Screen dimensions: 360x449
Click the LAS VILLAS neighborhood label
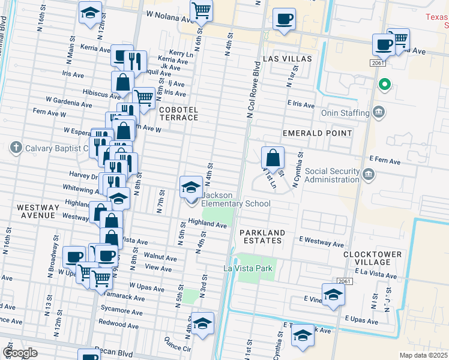[288, 59]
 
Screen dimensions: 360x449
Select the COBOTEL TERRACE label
[178, 113]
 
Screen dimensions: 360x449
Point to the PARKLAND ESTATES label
[261, 236]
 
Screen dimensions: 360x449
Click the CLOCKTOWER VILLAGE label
[372, 258]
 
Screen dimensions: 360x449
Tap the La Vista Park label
[249, 268]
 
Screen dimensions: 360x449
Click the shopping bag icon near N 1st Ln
[273, 158]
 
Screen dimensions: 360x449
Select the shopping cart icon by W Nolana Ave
[201, 10]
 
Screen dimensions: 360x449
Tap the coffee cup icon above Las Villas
[283, 19]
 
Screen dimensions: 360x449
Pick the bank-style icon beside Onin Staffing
[379, 112]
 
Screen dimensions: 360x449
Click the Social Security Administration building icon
[368, 175]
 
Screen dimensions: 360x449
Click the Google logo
[20, 353]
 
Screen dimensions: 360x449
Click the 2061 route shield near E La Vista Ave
[343, 281]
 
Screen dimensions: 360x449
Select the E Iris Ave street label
[300, 105]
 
